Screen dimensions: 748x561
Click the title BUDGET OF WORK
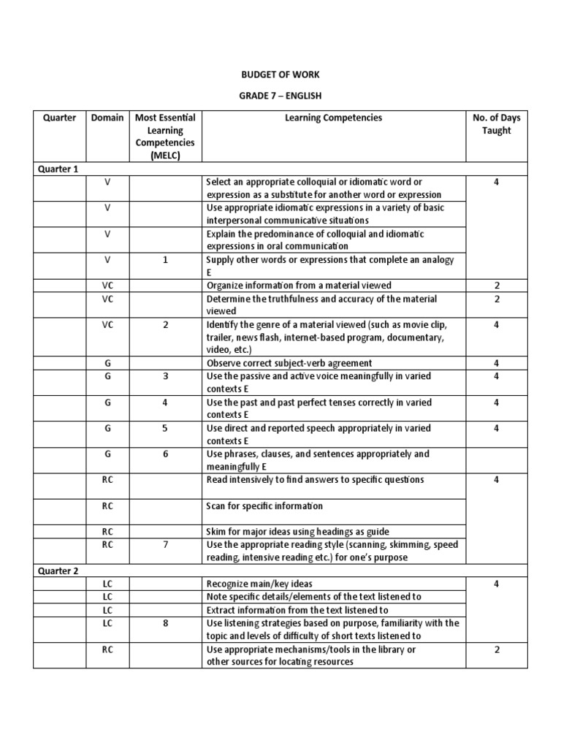[x=280, y=75]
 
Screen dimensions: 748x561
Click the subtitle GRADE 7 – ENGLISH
[x=280, y=96]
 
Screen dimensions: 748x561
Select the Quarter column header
[x=59, y=118]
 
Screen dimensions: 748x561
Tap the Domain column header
[x=107, y=118]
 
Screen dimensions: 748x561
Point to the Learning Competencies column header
[x=334, y=118]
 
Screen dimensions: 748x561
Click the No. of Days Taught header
[x=496, y=124]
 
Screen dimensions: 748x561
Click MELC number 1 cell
[x=165, y=259]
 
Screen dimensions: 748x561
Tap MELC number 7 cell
[x=165, y=545]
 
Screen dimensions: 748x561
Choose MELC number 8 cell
[x=165, y=623]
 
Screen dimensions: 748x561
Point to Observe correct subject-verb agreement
[x=289, y=363]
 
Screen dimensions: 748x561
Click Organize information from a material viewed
[x=299, y=286]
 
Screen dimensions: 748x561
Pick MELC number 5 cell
[x=165, y=428]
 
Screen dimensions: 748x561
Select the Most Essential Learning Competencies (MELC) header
[x=165, y=137]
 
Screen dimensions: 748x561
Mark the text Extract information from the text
[x=297, y=610]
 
